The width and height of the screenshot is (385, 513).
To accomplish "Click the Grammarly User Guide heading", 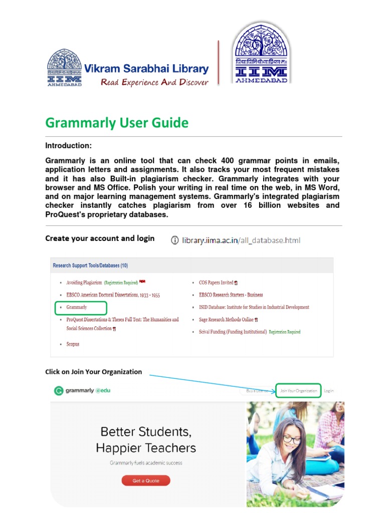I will pyautogui.click(x=117, y=123).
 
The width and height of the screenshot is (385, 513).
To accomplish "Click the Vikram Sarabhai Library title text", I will pyautogui.click(x=146, y=69).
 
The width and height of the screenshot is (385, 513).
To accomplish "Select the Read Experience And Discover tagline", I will pyautogui.click(x=154, y=82).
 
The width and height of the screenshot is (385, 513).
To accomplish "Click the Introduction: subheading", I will pyautogui.click(x=69, y=146).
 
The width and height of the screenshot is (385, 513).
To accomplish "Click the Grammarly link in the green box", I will pyautogui.click(x=77, y=307).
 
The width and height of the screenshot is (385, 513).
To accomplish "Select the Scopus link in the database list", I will pyautogui.click(x=73, y=344).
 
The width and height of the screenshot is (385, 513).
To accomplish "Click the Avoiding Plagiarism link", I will pyautogui.click(x=84, y=283).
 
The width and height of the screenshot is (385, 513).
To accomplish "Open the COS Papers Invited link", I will pyautogui.click(x=216, y=283).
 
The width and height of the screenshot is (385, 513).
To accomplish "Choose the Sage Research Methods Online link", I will pyautogui.click(x=226, y=319).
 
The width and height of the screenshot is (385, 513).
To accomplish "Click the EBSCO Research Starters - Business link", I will pyautogui.click(x=231, y=295).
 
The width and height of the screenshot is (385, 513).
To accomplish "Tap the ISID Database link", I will pyautogui.click(x=254, y=307).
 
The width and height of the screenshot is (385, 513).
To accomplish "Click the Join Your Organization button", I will pyautogui.click(x=298, y=391).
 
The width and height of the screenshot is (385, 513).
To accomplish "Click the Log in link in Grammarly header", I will pyautogui.click(x=328, y=391).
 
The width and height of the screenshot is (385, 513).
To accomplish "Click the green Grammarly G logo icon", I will pyautogui.click(x=59, y=391).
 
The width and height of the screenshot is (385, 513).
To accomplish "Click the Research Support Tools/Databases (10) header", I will pyautogui.click(x=90, y=266).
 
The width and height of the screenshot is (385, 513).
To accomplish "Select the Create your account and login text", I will pyautogui.click(x=100, y=238).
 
